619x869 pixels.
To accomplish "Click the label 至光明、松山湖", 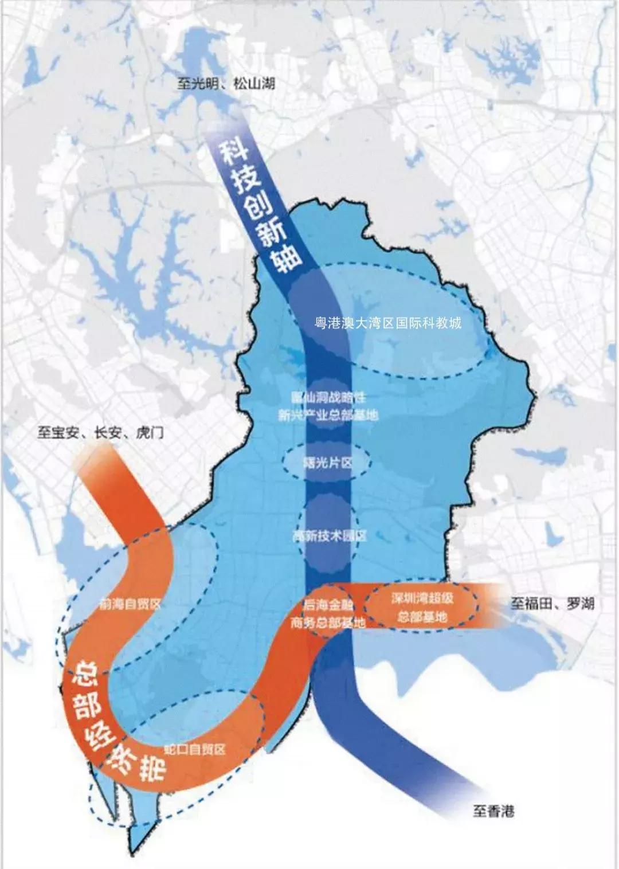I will click(225, 84).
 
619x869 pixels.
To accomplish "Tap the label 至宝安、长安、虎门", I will click(100, 432).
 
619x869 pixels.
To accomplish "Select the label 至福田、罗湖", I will click(552, 604).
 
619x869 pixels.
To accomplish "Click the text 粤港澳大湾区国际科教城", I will click(388, 323).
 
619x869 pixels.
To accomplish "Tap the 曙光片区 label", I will click(327, 462).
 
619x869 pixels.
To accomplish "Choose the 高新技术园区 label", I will click(329, 536).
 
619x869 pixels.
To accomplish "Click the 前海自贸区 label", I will click(130, 604).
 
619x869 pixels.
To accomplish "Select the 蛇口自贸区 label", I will click(194, 749).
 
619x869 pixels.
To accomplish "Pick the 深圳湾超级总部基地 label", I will click(422, 608).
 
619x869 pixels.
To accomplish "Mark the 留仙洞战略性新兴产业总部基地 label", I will click(328, 406).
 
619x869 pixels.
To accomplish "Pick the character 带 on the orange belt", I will click(151, 767).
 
